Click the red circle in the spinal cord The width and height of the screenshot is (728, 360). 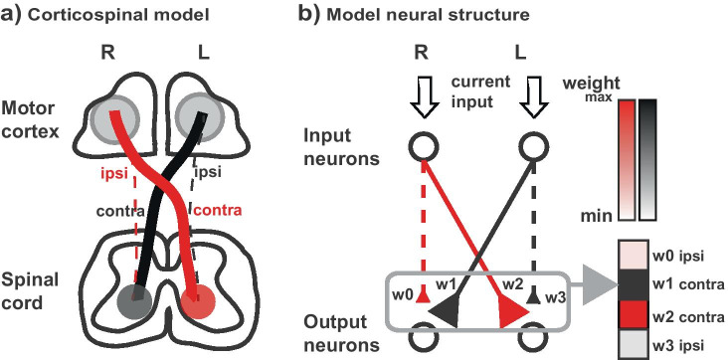(203, 298)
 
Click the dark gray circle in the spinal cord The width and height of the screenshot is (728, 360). (135, 299)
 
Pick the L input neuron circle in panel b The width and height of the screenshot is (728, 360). (535, 148)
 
